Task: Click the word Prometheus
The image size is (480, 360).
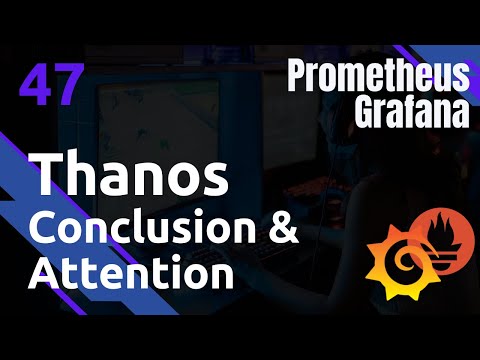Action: pyautogui.click(x=377, y=76)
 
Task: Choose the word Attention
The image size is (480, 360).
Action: pyautogui.click(x=126, y=271)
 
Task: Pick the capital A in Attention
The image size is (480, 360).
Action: pyautogui.click(x=44, y=271)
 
